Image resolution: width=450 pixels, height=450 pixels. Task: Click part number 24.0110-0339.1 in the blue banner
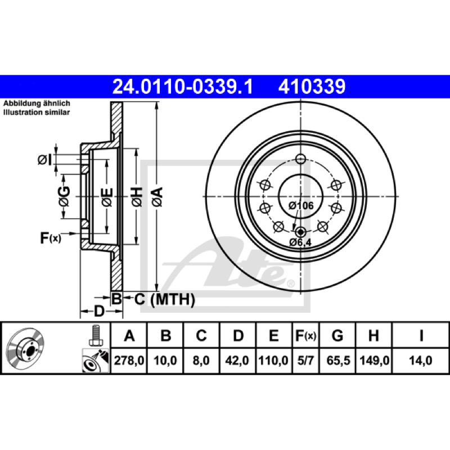coord(182,87)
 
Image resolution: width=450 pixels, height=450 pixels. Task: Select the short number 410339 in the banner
coord(312,87)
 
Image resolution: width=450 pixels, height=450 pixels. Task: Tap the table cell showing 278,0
coord(129,361)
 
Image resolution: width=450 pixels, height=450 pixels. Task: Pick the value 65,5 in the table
coord(338,361)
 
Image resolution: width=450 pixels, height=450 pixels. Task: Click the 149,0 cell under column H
coord(374,361)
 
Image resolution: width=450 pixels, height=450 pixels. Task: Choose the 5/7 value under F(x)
coord(305,361)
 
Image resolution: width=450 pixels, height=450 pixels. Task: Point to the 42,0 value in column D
coord(237,361)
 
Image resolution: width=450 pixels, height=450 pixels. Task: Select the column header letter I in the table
coord(421,335)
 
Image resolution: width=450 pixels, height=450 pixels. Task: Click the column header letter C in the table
coord(201,335)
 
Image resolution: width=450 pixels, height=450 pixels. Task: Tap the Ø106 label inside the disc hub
coord(301,205)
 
